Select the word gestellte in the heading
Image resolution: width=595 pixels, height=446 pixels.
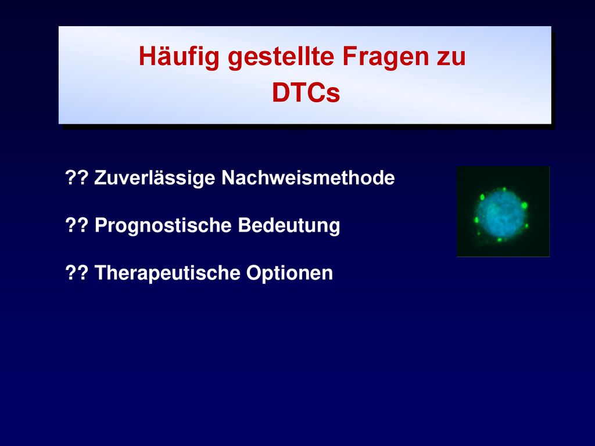point(281,56)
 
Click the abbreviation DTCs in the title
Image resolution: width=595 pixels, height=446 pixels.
point(306,92)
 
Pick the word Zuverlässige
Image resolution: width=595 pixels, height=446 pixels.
point(155,178)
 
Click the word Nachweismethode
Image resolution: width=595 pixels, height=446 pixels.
point(308,177)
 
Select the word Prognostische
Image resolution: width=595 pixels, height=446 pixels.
point(163,225)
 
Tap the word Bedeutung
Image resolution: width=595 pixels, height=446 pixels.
point(289,225)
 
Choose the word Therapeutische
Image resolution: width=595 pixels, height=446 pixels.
point(167,273)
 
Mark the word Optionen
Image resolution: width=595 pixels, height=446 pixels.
point(289,273)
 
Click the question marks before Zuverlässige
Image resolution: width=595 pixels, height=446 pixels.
point(77,177)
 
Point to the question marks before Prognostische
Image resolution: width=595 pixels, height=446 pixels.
point(77,225)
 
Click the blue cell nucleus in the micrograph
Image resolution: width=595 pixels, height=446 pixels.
point(501,214)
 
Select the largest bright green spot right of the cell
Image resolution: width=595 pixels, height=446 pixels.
point(525,205)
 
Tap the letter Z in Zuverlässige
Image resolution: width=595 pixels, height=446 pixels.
point(100,178)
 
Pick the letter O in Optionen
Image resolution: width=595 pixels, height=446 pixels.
point(253,272)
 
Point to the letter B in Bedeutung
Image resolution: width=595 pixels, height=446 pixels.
point(245,225)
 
